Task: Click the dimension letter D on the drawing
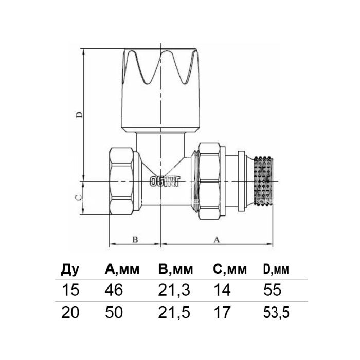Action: coord(79,114)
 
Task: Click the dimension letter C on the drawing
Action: coord(78,197)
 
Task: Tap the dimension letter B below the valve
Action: coord(135,240)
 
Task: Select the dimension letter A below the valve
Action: coord(217,240)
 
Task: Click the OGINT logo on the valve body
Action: coord(165,182)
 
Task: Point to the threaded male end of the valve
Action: coord(264,181)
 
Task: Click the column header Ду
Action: coord(70,269)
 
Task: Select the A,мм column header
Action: coord(122,269)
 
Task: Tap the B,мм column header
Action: coord(176,269)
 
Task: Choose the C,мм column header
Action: coord(230,269)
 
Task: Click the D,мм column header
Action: coord(276,269)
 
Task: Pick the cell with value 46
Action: coord(114,290)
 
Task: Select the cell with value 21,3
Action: coord(174,290)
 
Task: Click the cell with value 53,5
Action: coord(276,313)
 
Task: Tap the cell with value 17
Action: coord(222,312)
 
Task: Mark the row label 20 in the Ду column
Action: coord(70,312)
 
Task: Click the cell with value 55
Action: coord(272,290)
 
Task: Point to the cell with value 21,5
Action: coord(174,313)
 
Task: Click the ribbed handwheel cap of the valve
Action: coord(160,90)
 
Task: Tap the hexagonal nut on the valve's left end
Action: coord(121,181)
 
